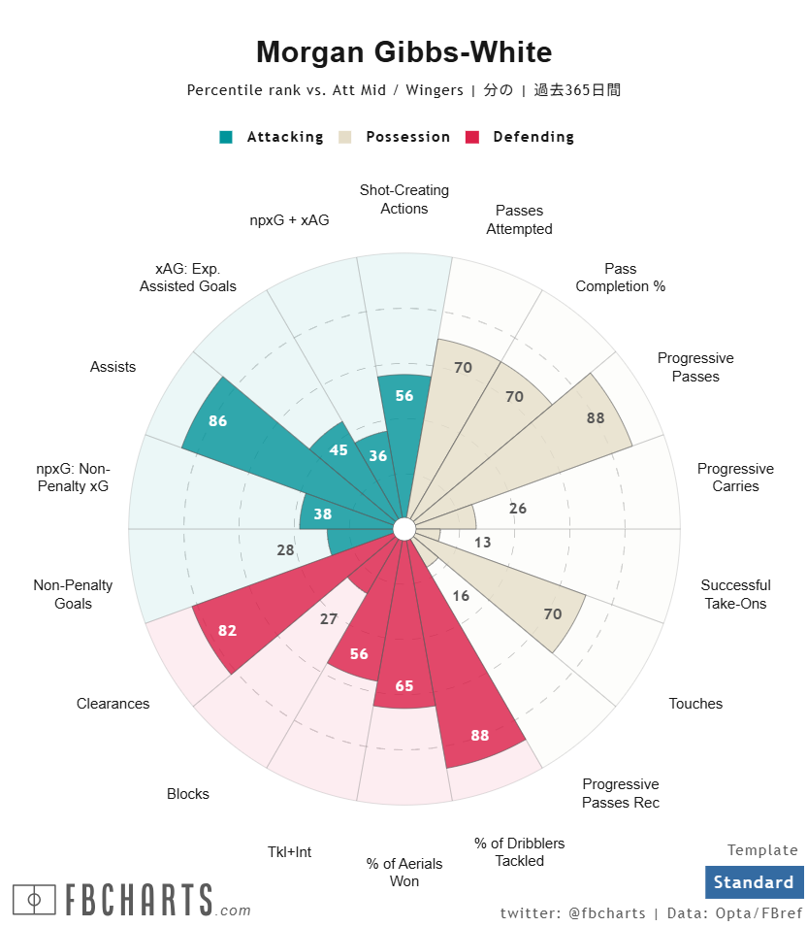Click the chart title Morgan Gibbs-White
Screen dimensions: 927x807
[x=403, y=52]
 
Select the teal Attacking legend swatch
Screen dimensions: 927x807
[x=226, y=137]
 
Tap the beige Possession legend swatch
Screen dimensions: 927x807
[x=344, y=137]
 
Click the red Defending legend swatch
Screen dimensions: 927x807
[x=473, y=137]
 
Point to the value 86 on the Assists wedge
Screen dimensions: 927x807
[x=217, y=421]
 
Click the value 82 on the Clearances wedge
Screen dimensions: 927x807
[x=227, y=631]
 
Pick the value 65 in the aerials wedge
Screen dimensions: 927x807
[x=403, y=686]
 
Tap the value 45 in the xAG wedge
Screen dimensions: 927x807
[x=339, y=450]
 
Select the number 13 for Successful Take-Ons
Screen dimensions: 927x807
[x=482, y=543]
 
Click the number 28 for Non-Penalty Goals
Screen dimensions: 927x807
[x=285, y=550]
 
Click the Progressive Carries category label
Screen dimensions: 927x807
[x=735, y=478]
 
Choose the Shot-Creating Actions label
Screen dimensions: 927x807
[x=403, y=199]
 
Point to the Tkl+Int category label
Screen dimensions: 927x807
[x=289, y=852]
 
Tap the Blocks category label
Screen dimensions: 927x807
[x=187, y=794]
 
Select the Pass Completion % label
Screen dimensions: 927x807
[x=620, y=278]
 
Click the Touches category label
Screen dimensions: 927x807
[x=695, y=704]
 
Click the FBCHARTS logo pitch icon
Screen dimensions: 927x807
[x=34, y=900]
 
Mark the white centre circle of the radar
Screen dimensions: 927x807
[x=403, y=529]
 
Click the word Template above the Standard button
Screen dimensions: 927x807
[x=762, y=850]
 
